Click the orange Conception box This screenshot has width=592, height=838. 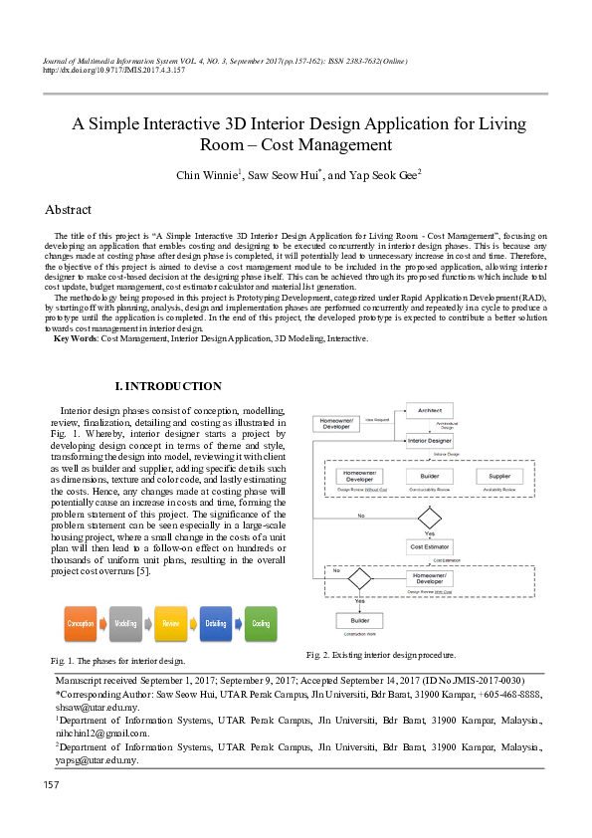tap(81, 623)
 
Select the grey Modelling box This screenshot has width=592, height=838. tap(125, 623)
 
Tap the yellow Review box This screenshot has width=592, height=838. tap(170, 623)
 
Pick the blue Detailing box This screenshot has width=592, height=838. tap(215, 623)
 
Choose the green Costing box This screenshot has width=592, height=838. tap(261, 623)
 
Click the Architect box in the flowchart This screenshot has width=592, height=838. tap(430, 410)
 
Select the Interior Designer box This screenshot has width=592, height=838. tap(430, 440)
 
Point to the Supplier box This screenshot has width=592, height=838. tap(499, 477)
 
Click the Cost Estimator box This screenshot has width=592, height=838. tap(430, 546)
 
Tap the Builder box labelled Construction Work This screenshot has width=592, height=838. tap(359, 620)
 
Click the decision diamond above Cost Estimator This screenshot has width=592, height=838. tap(430, 517)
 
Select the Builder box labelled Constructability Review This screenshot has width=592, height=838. tap(429, 477)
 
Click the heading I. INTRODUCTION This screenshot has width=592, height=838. tap(168, 386)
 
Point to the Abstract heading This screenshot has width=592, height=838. tap(68, 210)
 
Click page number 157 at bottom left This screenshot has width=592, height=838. tap(52, 786)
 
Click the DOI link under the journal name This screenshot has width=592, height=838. tap(113, 71)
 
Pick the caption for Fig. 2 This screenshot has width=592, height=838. tap(381, 655)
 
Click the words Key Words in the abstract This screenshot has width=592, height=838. tap(76, 338)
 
